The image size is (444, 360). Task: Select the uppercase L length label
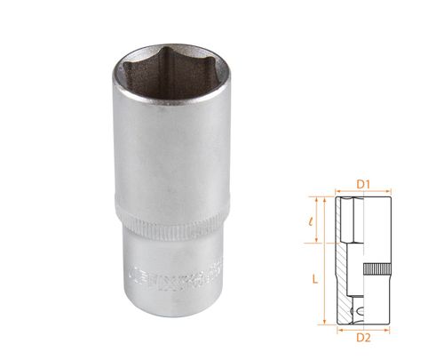pos(316,278)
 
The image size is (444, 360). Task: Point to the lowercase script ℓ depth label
pos(317,219)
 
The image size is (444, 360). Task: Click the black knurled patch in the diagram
pos(378,269)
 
